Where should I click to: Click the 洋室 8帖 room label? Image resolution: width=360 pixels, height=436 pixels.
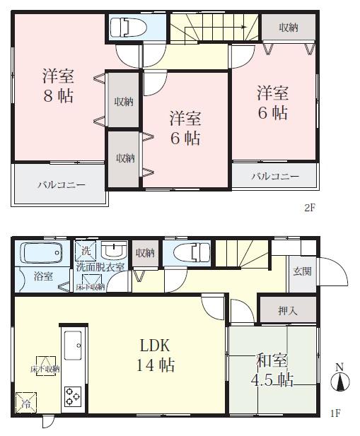(x=58, y=86)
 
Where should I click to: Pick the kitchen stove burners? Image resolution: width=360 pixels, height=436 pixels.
(x=74, y=395)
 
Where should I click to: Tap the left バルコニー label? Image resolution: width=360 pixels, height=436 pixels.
(x=62, y=185)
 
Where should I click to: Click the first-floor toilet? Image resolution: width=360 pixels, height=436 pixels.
(x=190, y=252)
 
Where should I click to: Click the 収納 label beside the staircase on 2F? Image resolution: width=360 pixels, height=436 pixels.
(x=287, y=28)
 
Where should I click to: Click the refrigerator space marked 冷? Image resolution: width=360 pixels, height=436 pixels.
(x=26, y=403)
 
